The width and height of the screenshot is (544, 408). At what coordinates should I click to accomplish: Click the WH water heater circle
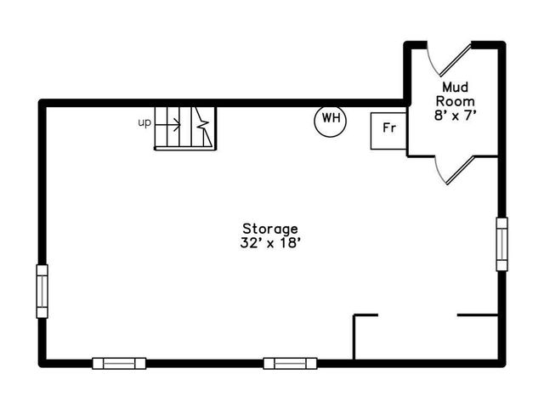330,120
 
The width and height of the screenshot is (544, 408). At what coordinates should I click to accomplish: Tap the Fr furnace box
388,130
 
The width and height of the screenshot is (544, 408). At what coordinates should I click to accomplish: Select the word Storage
270,228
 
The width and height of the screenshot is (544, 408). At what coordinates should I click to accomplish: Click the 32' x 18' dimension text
270,242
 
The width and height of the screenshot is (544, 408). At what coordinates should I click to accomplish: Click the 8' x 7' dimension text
453,116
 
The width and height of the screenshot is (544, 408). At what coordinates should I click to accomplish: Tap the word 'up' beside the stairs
144,122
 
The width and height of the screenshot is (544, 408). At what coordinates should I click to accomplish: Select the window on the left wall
42,291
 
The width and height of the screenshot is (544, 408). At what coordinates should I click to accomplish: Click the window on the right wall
501,243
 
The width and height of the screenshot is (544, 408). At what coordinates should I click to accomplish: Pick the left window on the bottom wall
119,363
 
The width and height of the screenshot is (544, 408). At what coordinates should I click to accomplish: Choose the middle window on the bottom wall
290,363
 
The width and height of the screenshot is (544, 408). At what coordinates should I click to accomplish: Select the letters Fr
388,130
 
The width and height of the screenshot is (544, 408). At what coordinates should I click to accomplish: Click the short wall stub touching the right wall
478,315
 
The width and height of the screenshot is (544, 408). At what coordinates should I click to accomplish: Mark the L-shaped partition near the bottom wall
355,333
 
